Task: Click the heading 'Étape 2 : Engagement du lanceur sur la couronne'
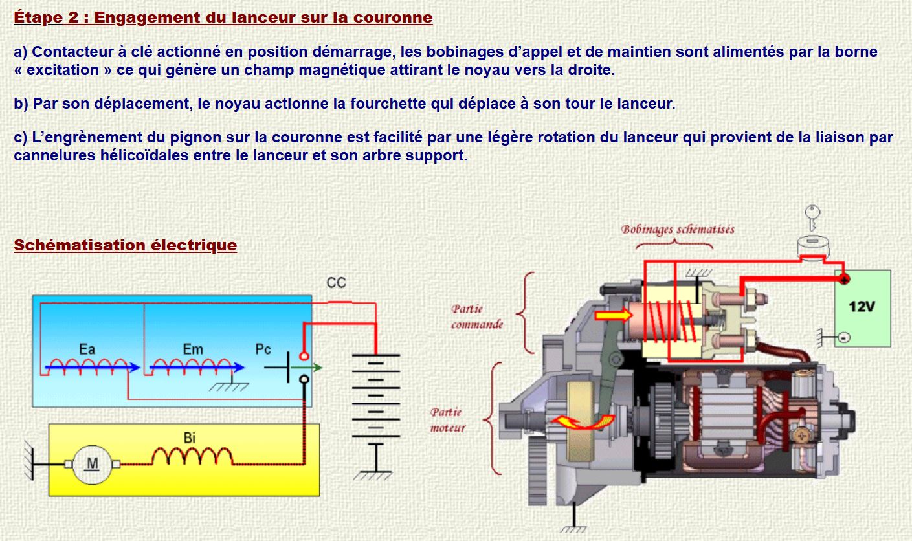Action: (223, 17)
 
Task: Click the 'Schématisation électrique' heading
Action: (125, 245)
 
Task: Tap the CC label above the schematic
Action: (336, 283)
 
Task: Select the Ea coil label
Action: (87, 349)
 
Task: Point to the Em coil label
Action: (192, 349)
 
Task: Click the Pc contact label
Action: (263, 349)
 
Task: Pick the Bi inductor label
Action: (190, 438)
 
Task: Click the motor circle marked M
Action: (93, 464)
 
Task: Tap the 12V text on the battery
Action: (862, 306)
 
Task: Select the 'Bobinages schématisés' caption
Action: (678, 230)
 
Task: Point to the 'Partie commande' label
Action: (476, 316)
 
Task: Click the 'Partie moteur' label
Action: (447, 419)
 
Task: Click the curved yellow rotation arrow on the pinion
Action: (581, 421)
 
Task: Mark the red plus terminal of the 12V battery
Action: (844, 279)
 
